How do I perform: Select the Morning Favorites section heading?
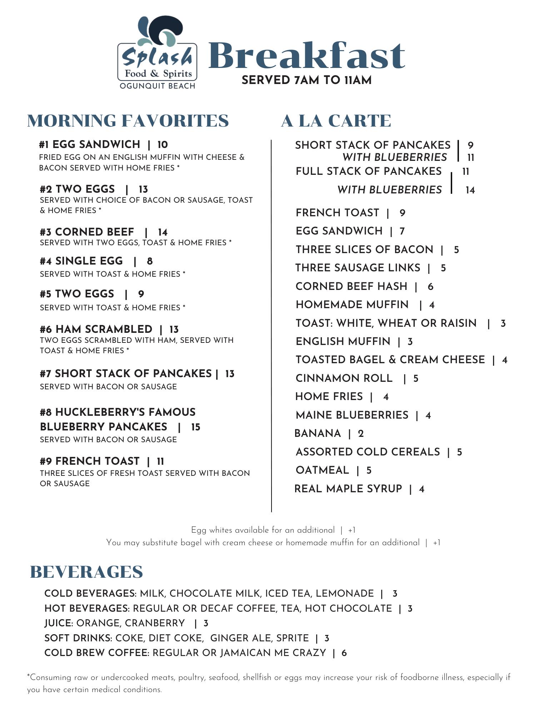pos(128,120)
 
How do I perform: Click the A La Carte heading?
pos(336,121)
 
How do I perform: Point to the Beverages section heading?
pos(86,572)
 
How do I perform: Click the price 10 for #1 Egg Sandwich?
pos(162,145)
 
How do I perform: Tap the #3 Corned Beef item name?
pos(87,232)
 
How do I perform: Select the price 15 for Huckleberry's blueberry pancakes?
pos(195,427)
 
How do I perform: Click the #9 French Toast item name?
pos(90,461)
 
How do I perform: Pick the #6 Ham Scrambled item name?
pos(96,329)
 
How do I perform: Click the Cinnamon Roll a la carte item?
pos(344,378)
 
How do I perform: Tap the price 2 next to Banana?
pos(361,434)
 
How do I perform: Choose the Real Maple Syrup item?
pos(348,489)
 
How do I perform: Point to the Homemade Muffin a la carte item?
pos(352,305)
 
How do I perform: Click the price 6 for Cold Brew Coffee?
pos(344,653)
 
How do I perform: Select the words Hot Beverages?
pos(87,608)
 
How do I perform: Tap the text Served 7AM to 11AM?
pos(307,80)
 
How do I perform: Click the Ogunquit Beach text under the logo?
pos(157,86)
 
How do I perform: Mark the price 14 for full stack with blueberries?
pos(470,190)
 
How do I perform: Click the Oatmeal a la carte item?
pos(322,470)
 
